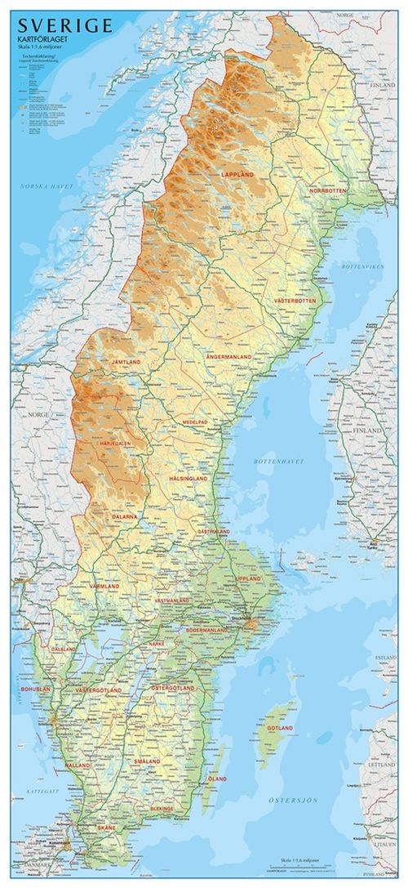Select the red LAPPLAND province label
[x=237, y=175]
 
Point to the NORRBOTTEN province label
[x=328, y=190]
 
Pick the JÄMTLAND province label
[x=126, y=361]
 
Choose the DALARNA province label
[x=125, y=517]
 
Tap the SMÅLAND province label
[x=148, y=761]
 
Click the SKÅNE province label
[x=108, y=828]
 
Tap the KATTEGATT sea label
[x=38, y=792]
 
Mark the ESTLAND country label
[x=385, y=657]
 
